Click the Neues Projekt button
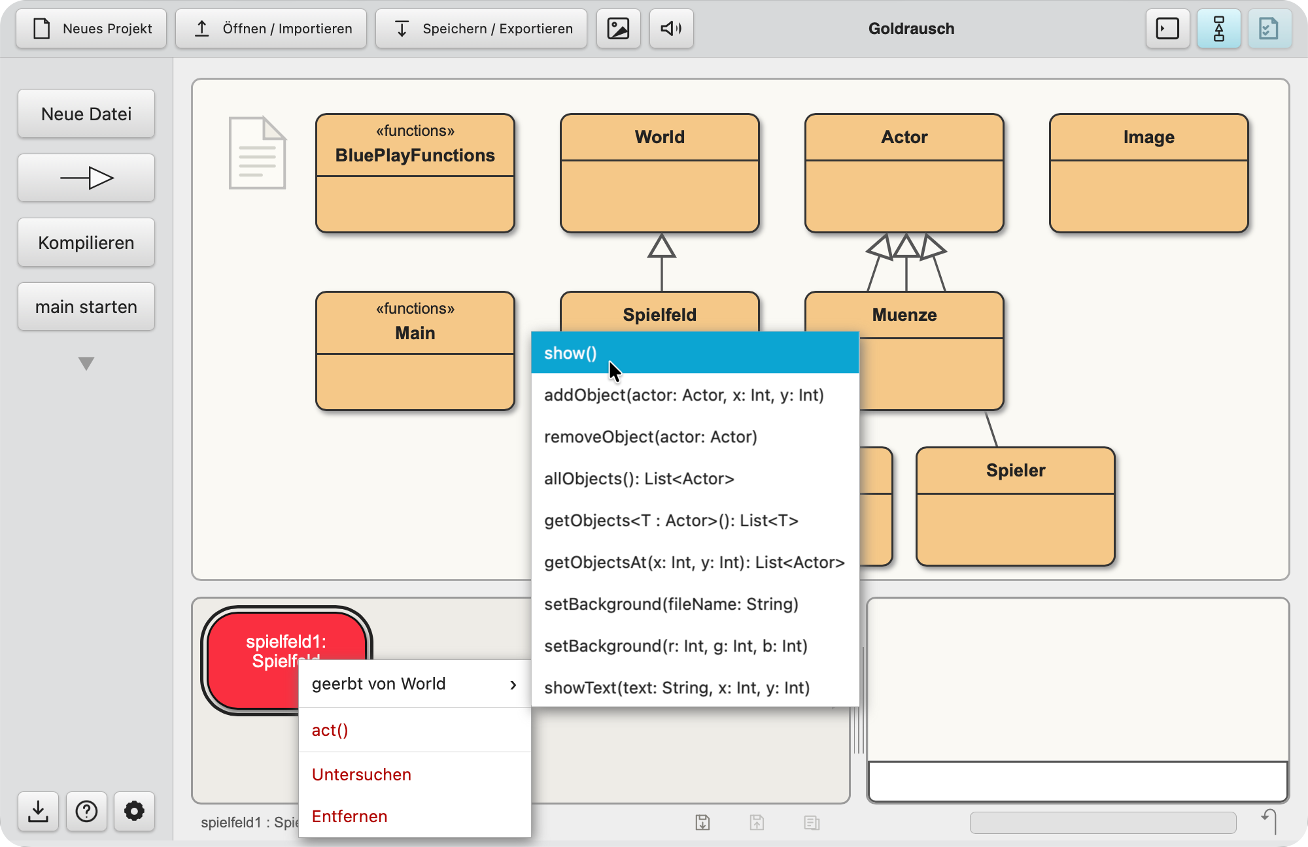[92, 29]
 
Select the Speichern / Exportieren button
[481, 29]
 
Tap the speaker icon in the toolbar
[671, 29]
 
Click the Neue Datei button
[86, 114]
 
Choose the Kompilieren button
[86, 242]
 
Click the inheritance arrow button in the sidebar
[86, 178]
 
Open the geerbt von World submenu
[415, 684]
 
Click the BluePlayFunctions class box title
[415, 156]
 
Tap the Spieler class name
[1016, 471]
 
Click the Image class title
[1149, 137]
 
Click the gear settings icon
[134, 811]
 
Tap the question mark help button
[86, 811]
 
